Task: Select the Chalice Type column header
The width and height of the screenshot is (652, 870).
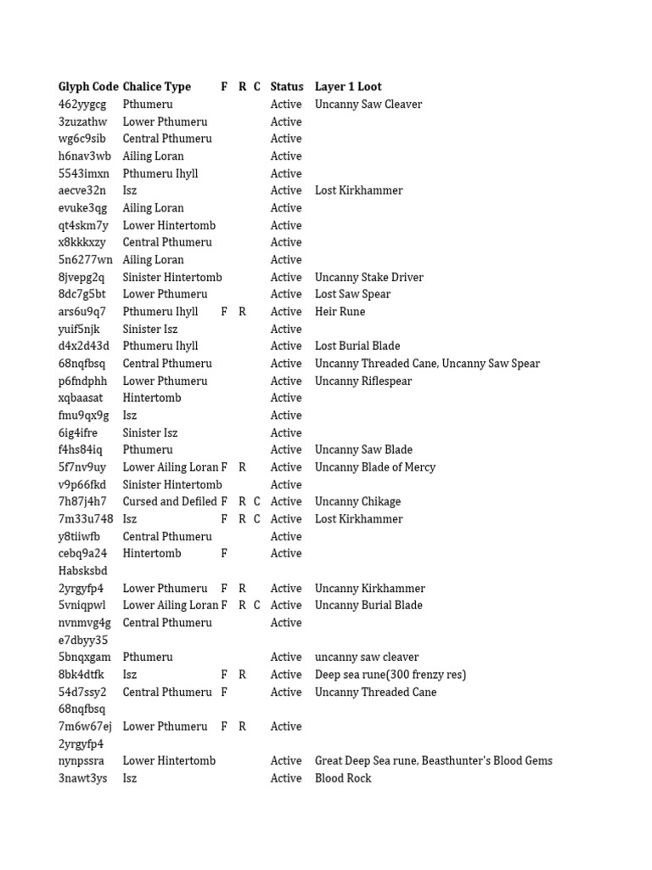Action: [157, 87]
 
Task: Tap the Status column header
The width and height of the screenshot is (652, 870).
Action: [286, 87]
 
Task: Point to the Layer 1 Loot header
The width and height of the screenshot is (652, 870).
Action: [348, 87]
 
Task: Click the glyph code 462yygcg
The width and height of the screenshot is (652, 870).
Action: [82, 105]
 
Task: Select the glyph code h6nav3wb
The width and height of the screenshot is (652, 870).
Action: [85, 156]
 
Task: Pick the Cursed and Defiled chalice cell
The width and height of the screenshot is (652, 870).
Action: [170, 502]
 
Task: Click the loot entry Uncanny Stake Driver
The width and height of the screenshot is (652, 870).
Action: [368, 277]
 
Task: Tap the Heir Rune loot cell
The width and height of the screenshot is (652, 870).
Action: [340, 312]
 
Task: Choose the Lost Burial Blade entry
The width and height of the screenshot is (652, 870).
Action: [357, 347]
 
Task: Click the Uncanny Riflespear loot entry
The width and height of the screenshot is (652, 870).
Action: [363, 381]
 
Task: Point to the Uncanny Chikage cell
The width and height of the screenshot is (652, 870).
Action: [357, 502]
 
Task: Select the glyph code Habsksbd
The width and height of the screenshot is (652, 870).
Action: [83, 571]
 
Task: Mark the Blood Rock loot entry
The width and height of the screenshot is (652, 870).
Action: [343, 778]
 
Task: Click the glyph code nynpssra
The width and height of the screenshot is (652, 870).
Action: [81, 761]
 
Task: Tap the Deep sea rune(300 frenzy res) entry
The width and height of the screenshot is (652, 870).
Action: [391, 675]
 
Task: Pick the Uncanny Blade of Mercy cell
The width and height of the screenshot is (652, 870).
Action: [374, 467]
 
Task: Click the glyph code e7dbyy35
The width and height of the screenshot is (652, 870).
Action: [83, 640]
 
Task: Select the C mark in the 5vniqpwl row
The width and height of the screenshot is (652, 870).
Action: [257, 606]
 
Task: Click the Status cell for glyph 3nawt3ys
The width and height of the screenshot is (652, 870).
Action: [286, 778]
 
